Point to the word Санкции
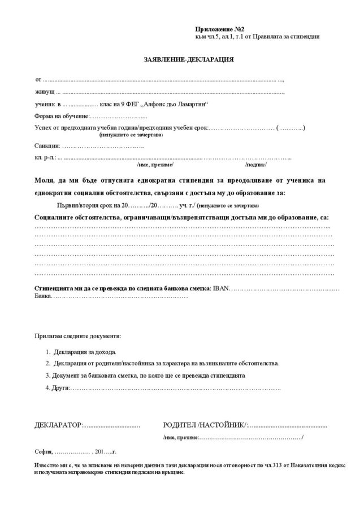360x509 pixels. tap(46, 146)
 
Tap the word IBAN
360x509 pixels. tap(221, 288)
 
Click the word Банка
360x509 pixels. tap(43, 296)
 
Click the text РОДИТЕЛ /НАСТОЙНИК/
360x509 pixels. tap(204, 424)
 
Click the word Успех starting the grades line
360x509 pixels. tap(45, 129)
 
